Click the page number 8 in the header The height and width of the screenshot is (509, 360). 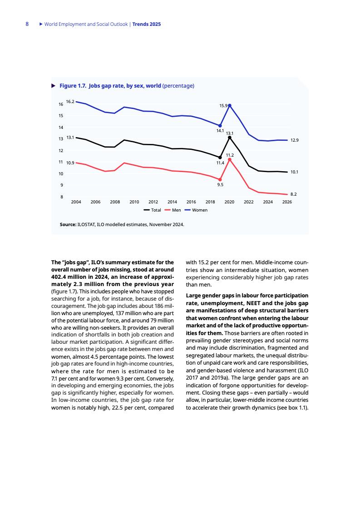27,24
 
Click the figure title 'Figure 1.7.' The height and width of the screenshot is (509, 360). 73,85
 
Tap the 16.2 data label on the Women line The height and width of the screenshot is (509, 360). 70,102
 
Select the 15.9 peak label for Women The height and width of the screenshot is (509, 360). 223,105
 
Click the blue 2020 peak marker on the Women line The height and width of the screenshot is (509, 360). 230,105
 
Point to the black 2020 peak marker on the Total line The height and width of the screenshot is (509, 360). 230,138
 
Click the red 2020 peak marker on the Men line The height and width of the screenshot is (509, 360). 230,159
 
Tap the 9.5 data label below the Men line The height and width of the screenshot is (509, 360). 220,185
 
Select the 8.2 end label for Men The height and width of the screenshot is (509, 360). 294,194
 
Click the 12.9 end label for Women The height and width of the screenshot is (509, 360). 294,140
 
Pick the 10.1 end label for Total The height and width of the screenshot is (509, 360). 294,172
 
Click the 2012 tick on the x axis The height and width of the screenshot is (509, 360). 153,202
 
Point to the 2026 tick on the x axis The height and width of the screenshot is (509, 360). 287,202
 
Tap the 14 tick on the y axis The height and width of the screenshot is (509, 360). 60,128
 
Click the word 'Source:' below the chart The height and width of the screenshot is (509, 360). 68,224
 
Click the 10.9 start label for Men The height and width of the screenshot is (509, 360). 70,163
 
